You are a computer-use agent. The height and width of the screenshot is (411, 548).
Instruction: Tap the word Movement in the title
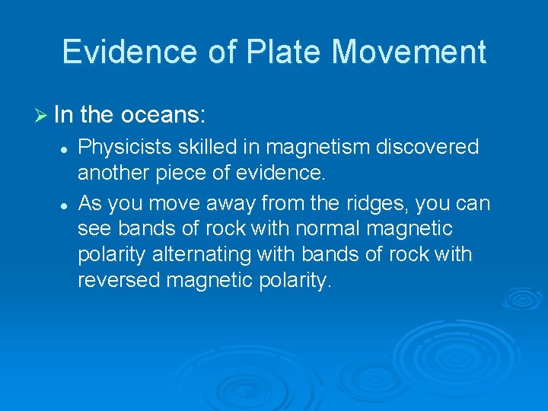409,52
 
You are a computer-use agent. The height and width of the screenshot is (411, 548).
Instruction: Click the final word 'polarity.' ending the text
297,280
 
